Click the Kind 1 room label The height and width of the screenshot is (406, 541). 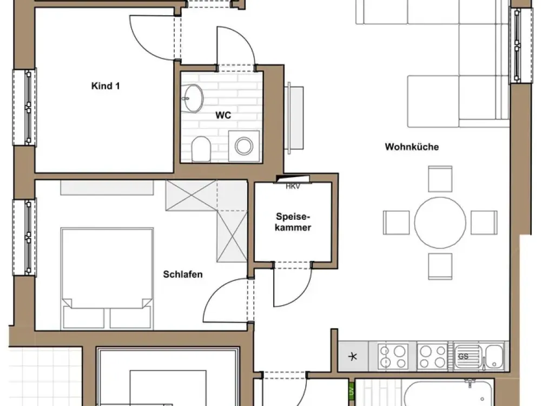tap(105, 86)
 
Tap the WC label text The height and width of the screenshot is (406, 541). tap(223, 115)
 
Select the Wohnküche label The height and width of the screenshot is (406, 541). tap(412, 147)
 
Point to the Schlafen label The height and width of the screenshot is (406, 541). tap(183, 274)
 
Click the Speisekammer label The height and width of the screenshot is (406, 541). tap(293, 222)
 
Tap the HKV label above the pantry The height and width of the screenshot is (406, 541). tap(293, 186)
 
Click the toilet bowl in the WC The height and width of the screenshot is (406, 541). tap(201, 149)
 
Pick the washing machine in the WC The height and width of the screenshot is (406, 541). tap(244, 146)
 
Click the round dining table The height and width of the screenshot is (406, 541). tap(440, 222)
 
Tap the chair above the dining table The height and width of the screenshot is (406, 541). tap(440, 179)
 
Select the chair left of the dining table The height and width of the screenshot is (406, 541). tap(396, 222)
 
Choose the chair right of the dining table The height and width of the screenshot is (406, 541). tap(484, 222)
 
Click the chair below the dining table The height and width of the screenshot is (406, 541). tap(440, 266)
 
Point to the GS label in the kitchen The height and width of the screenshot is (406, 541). tap(463, 357)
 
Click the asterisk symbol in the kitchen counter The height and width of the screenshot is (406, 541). tap(353, 357)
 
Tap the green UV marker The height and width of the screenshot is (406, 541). tap(352, 391)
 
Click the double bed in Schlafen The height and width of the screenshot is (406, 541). tap(107, 278)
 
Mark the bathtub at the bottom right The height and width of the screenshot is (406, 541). tap(448, 393)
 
